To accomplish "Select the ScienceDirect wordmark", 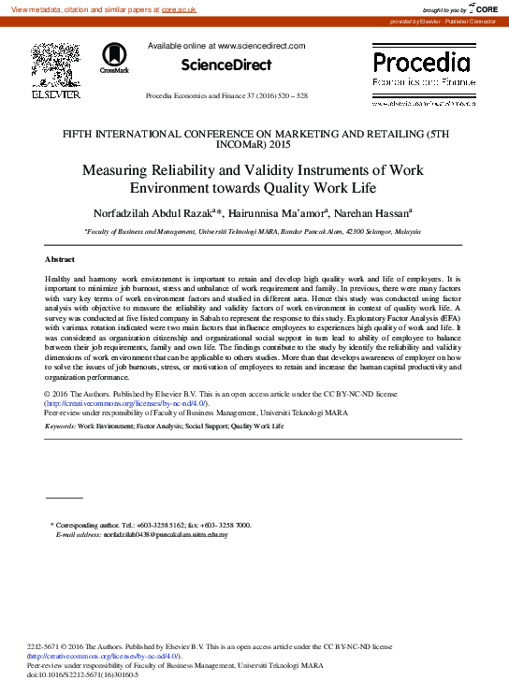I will [x=226, y=65].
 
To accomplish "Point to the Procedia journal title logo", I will [x=421, y=64].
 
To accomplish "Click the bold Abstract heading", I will [x=61, y=258].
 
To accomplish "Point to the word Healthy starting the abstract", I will [x=60, y=280].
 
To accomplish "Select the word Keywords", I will [x=60, y=426].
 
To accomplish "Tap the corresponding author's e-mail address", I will [x=166, y=534].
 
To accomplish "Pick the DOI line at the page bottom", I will [x=84, y=674].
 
